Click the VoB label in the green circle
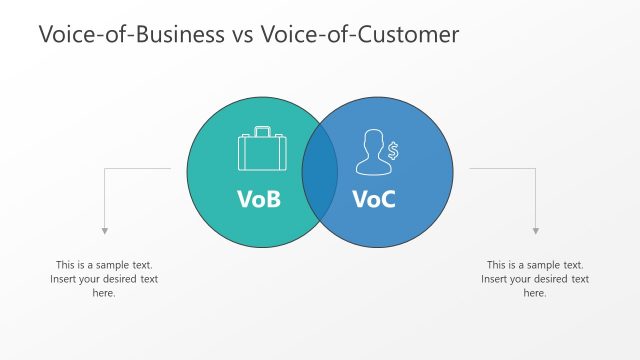pos(259,199)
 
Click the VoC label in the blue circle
pos(374,199)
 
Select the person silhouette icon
pos(371,152)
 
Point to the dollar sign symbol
pos(393,151)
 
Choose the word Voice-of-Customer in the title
pos(359,34)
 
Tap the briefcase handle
pos(262,131)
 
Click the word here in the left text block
pos(104,293)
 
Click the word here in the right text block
pos(535,293)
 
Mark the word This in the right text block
pos(497,265)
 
